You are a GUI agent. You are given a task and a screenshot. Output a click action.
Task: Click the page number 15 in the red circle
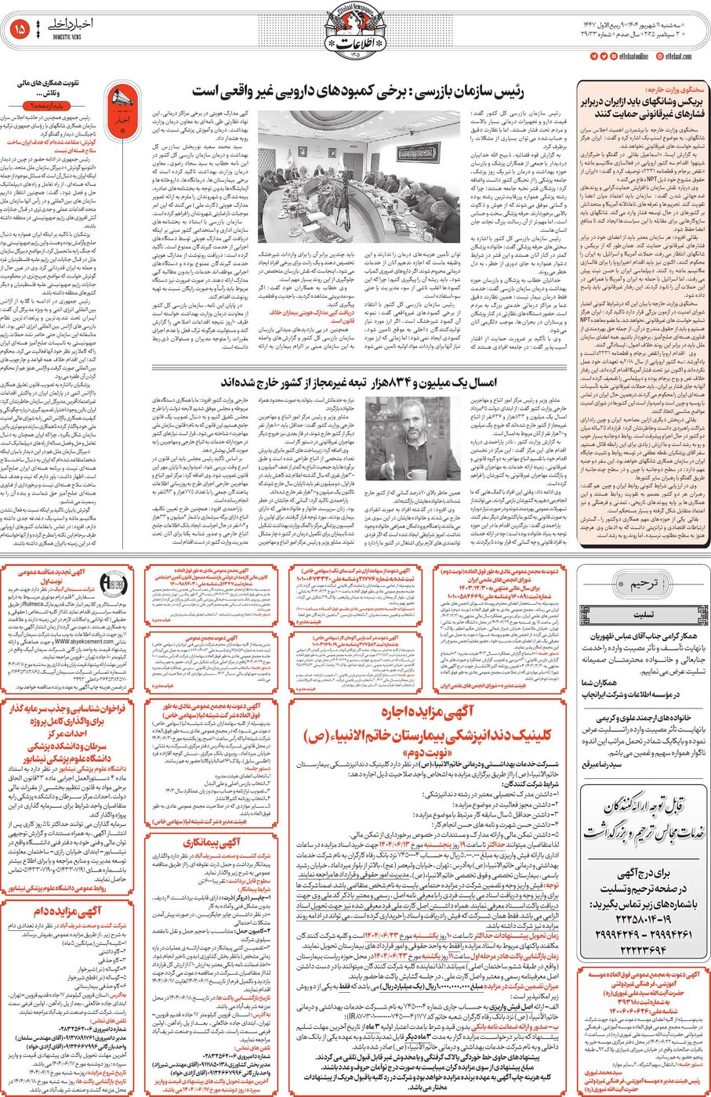click(x=20, y=28)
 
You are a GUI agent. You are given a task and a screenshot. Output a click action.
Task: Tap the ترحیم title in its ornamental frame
click(x=642, y=584)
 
